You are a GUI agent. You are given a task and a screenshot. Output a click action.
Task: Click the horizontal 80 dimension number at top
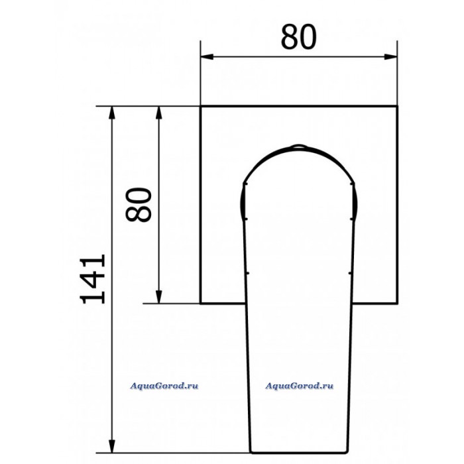click(x=298, y=37)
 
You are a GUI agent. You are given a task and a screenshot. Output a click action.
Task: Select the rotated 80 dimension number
click(x=139, y=204)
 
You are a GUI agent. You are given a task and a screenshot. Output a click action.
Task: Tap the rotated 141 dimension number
click(x=93, y=279)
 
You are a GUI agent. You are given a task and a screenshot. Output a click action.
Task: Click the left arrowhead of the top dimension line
click(x=207, y=56)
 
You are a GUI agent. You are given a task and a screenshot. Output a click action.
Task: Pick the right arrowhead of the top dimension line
click(x=390, y=56)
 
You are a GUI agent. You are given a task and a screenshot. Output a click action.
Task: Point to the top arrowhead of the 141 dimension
click(x=111, y=113)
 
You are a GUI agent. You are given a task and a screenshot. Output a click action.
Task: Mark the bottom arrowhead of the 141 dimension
click(x=111, y=446)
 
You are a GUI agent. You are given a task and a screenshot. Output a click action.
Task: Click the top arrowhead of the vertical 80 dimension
click(x=159, y=113)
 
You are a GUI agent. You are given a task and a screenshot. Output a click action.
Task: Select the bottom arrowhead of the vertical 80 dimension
click(x=159, y=297)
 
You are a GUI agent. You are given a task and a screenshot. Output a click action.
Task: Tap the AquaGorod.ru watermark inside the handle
click(x=299, y=386)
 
